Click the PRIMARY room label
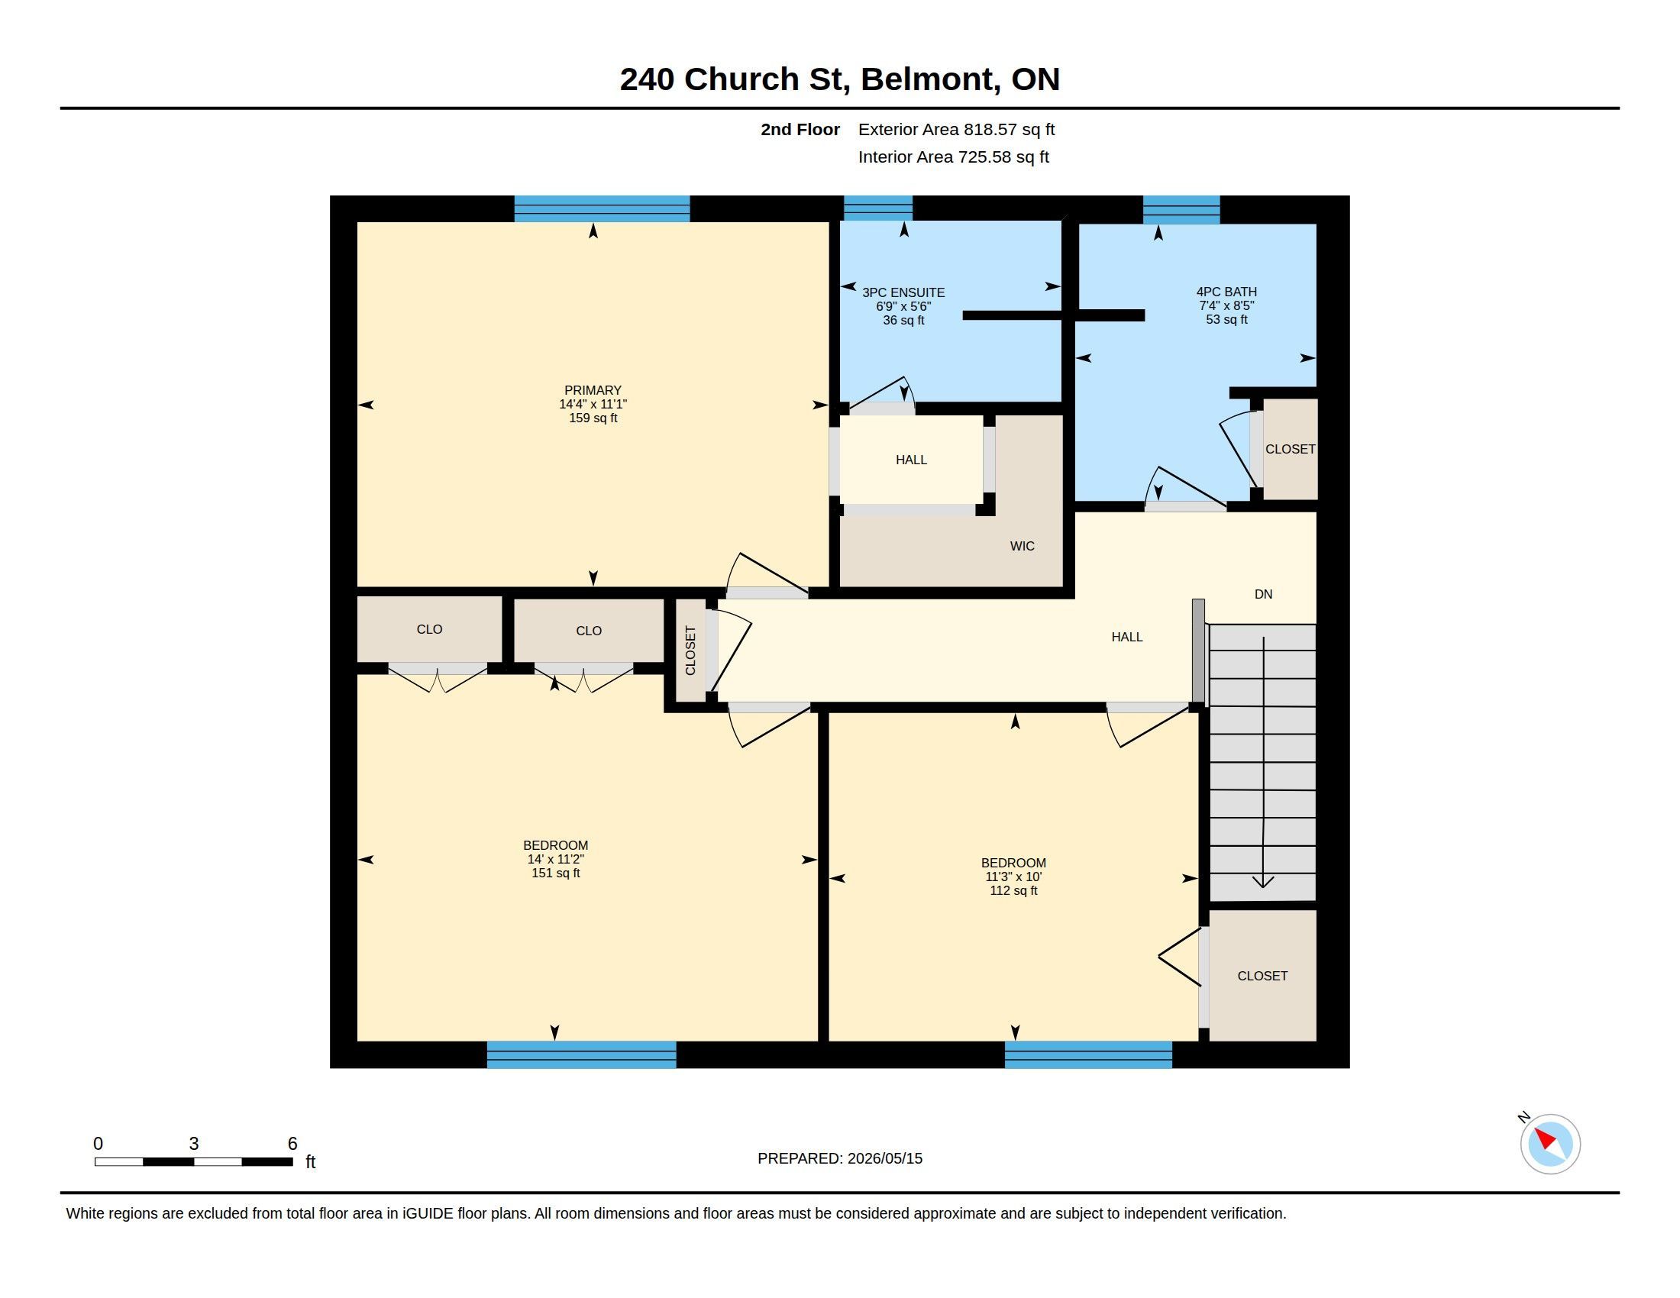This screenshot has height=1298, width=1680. (593, 390)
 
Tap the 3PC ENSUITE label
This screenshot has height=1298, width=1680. (903, 292)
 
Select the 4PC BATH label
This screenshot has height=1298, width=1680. (1226, 292)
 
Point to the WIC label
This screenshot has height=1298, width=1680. (1022, 546)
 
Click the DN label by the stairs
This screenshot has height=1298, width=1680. (1263, 593)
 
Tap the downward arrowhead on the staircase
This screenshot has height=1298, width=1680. (1263, 882)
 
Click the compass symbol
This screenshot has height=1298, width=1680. (1550, 1144)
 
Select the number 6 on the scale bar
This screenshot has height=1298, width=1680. (292, 1144)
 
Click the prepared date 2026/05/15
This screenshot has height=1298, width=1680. (884, 1158)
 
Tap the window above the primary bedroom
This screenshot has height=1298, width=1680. (602, 208)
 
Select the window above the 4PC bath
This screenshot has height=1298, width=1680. (1181, 209)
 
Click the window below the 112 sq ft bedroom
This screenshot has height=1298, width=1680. (1087, 1054)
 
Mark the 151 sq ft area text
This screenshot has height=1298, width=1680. (555, 873)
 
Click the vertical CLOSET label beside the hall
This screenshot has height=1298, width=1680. (690, 651)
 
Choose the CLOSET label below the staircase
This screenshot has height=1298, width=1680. (1262, 976)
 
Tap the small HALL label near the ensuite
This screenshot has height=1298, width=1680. (911, 460)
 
